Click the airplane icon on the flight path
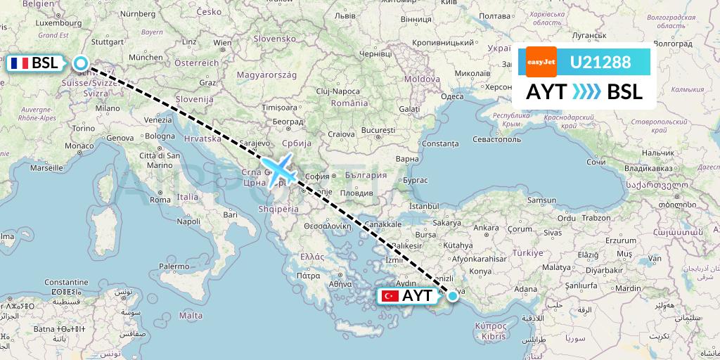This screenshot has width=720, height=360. [280, 169]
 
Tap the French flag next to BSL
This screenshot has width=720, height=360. [20, 64]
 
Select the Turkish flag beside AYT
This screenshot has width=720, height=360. [390, 296]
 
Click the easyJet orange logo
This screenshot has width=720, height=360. [541, 62]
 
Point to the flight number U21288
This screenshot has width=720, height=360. [600, 62]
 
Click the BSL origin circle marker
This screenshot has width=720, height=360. [81, 64]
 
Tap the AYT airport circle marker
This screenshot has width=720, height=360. [453, 296]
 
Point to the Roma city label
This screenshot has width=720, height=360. [160, 199]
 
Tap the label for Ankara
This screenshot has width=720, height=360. [487, 227]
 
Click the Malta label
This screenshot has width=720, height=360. [191, 315]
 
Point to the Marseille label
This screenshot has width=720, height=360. [47, 169]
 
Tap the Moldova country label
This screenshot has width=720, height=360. [422, 79]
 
